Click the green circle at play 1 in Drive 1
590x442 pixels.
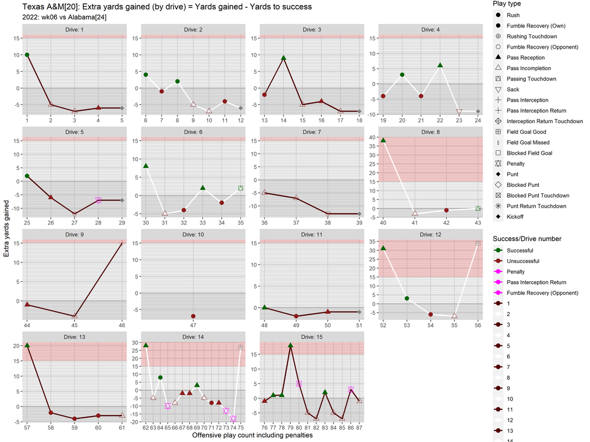click(x=27, y=55)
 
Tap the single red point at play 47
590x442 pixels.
click(x=193, y=316)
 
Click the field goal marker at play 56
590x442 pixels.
click(x=478, y=243)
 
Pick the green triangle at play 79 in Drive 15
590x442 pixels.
click(x=290, y=345)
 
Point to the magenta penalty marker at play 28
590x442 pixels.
click(x=98, y=200)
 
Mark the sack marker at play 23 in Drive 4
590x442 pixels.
click(x=459, y=112)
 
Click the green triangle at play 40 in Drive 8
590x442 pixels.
click(x=383, y=140)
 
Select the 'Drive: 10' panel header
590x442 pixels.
click(x=193, y=234)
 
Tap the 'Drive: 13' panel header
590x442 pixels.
click(x=75, y=336)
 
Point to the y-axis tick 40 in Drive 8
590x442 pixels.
click(x=374, y=137)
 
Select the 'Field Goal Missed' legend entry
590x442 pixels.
click(x=528, y=143)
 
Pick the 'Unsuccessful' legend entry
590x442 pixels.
click(x=523, y=261)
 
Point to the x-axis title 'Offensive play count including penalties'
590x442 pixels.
click(x=252, y=435)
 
